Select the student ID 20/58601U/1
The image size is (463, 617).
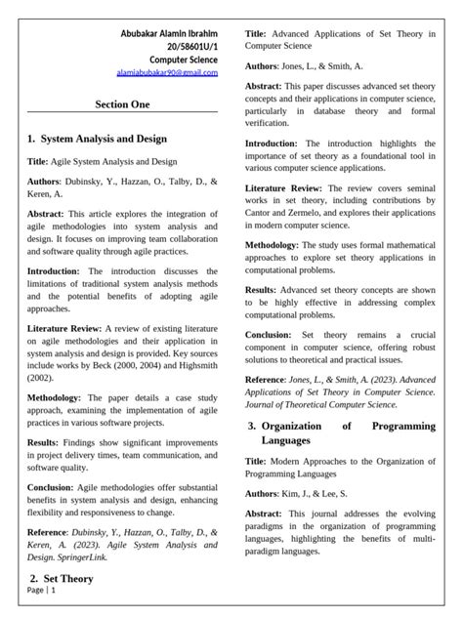(186, 46)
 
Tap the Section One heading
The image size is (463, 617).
(122, 103)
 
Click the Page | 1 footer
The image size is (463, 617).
(42, 591)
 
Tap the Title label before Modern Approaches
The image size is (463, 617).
(256, 460)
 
